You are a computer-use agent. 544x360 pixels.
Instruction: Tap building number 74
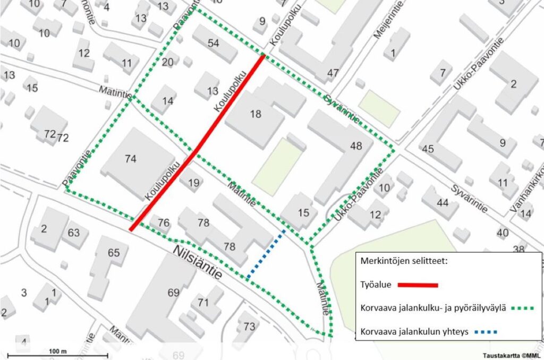(x=131, y=158)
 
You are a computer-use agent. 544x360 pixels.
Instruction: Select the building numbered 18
(x=256, y=114)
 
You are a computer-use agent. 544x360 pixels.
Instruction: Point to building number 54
(x=214, y=43)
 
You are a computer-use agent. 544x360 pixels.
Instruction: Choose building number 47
(x=333, y=73)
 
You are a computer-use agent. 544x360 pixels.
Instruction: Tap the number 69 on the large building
(x=174, y=292)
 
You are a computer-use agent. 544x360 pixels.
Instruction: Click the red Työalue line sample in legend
(x=419, y=285)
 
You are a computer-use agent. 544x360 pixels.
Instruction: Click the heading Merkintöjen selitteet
(x=403, y=262)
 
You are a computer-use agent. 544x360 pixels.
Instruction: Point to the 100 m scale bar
(x=59, y=354)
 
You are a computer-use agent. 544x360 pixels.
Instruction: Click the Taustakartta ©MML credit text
(x=511, y=355)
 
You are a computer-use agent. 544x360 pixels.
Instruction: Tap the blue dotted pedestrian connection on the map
(x=266, y=254)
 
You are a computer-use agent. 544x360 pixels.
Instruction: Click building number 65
(x=114, y=252)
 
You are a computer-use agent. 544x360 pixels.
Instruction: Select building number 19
(x=194, y=183)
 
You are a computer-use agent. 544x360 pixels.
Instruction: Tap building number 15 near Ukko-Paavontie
(x=303, y=213)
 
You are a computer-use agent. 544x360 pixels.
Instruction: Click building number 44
(x=443, y=202)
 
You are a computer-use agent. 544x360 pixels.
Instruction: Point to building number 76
(x=164, y=222)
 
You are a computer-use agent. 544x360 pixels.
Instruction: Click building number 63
(x=73, y=233)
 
